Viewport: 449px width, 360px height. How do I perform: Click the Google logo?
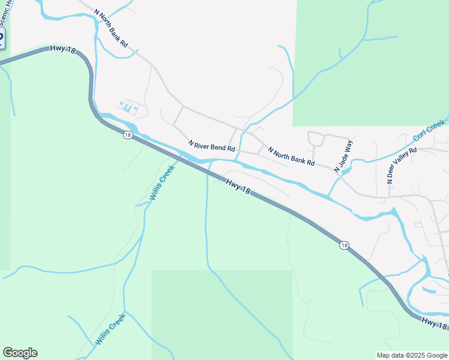pyautogui.click(x=20, y=353)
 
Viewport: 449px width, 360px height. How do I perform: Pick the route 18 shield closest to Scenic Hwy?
pyautogui.click(x=128, y=136)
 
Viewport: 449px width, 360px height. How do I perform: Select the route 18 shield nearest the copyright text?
pyautogui.click(x=344, y=245)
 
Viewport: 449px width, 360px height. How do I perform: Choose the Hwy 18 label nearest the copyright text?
pyautogui.click(x=434, y=323)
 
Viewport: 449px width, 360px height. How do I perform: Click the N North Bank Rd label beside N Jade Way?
pyautogui.click(x=291, y=157)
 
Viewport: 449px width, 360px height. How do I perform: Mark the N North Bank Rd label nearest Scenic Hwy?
pyautogui.click(x=112, y=28)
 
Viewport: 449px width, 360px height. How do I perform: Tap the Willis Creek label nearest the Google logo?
pyautogui.click(x=110, y=329)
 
